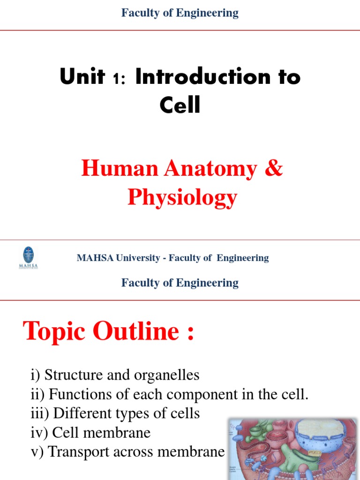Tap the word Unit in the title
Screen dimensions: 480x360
coord(82,76)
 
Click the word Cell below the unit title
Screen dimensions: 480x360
coord(180,105)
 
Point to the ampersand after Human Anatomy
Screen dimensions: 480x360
coord(273,169)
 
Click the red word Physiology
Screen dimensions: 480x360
coord(182,197)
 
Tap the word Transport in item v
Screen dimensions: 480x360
coord(78,452)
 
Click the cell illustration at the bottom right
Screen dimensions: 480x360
coord(292,449)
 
